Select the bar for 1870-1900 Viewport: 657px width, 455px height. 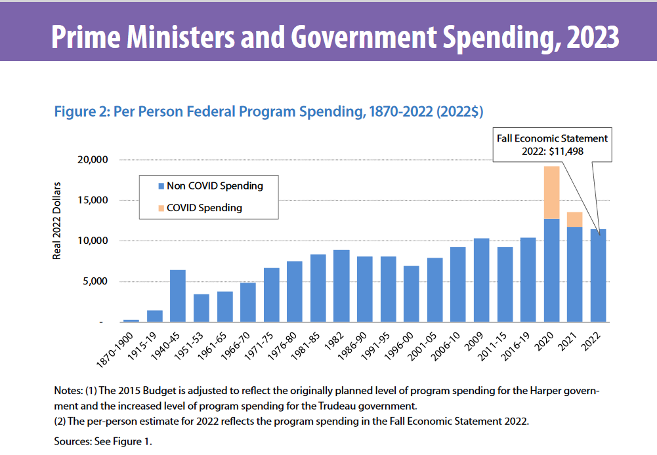pyautogui.click(x=131, y=321)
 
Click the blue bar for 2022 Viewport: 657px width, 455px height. pyautogui.click(x=599, y=275)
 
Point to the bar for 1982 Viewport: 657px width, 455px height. pyautogui.click(x=341, y=286)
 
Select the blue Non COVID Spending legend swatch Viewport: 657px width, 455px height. pyautogui.click(x=160, y=186)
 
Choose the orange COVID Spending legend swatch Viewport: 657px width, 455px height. pyautogui.click(x=160, y=208)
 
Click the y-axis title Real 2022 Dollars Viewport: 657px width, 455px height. pyautogui.click(x=57, y=220)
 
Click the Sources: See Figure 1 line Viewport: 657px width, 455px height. pyautogui.click(x=102, y=441)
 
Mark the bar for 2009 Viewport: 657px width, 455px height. pyautogui.click(x=481, y=280)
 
